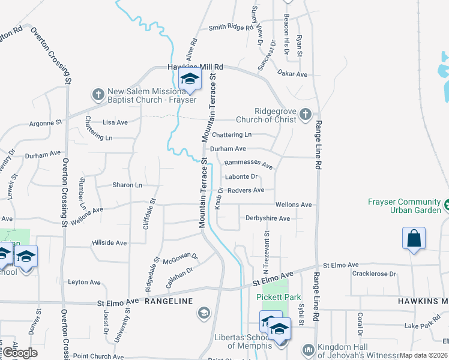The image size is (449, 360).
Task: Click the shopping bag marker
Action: pos(414,238)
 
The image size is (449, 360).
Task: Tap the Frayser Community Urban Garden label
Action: pos(402,206)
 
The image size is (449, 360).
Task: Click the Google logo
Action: pos(20,353)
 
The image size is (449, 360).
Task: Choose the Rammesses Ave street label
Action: pos(248,164)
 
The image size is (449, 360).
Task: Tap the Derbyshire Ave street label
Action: pos(268,218)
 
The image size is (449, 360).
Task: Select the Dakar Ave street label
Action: pos(292,74)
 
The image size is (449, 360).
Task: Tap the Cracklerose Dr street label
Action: pos(375,274)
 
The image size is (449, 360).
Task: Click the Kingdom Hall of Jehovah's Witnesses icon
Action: pos(308,349)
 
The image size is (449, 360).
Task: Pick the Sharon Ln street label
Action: pos(127,185)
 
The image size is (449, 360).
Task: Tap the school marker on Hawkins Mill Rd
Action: pos(190,80)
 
